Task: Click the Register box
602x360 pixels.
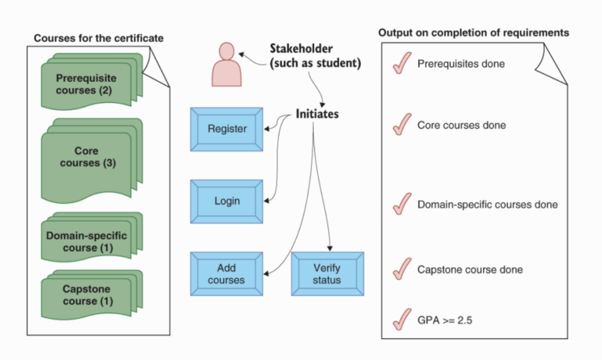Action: point(227,129)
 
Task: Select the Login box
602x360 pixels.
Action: point(227,201)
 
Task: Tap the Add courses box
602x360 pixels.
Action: point(227,274)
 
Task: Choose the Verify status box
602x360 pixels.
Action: point(327,274)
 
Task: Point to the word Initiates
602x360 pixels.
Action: point(317,114)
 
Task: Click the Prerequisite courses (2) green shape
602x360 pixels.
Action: point(87,85)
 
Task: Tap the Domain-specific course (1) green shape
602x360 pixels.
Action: point(87,241)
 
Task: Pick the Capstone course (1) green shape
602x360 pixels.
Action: point(87,295)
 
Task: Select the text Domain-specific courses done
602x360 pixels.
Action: point(487,205)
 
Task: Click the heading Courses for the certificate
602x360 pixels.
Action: point(99,38)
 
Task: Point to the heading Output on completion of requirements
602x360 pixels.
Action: point(474,33)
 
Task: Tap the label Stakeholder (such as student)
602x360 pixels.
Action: point(315,55)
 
